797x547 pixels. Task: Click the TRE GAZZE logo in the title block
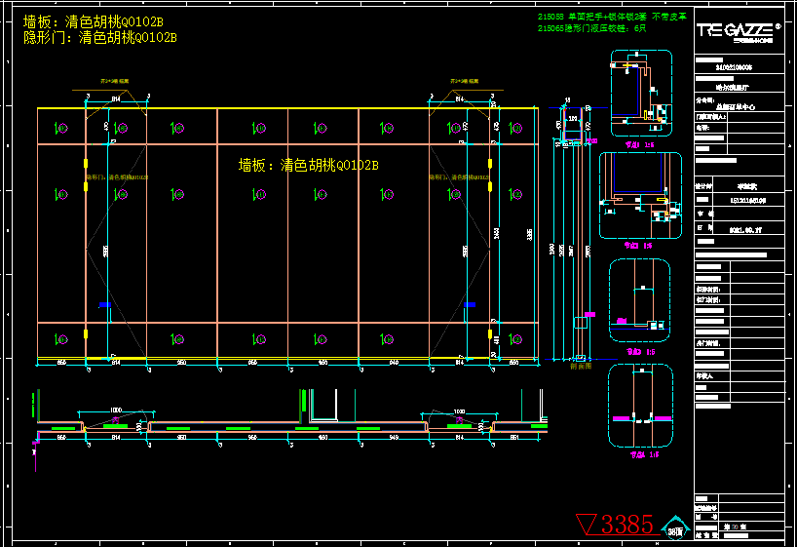(x=737, y=30)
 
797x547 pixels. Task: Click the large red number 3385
(x=626, y=525)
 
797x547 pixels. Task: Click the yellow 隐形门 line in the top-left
(x=99, y=38)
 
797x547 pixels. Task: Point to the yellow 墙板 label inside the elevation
(x=308, y=165)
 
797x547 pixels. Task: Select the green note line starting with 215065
(x=591, y=29)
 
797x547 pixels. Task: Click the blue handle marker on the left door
(x=104, y=305)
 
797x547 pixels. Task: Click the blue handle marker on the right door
(x=471, y=305)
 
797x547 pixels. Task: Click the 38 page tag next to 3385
(x=675, y=527)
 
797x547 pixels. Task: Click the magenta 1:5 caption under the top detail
(x=640, y=142)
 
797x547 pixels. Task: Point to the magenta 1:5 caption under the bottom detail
(x=640, y=453)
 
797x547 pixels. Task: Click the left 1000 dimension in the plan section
(x=116, y=410)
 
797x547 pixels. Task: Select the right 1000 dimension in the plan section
(x=458, y=410)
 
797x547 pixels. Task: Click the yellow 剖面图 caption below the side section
(x=580, y=367)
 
